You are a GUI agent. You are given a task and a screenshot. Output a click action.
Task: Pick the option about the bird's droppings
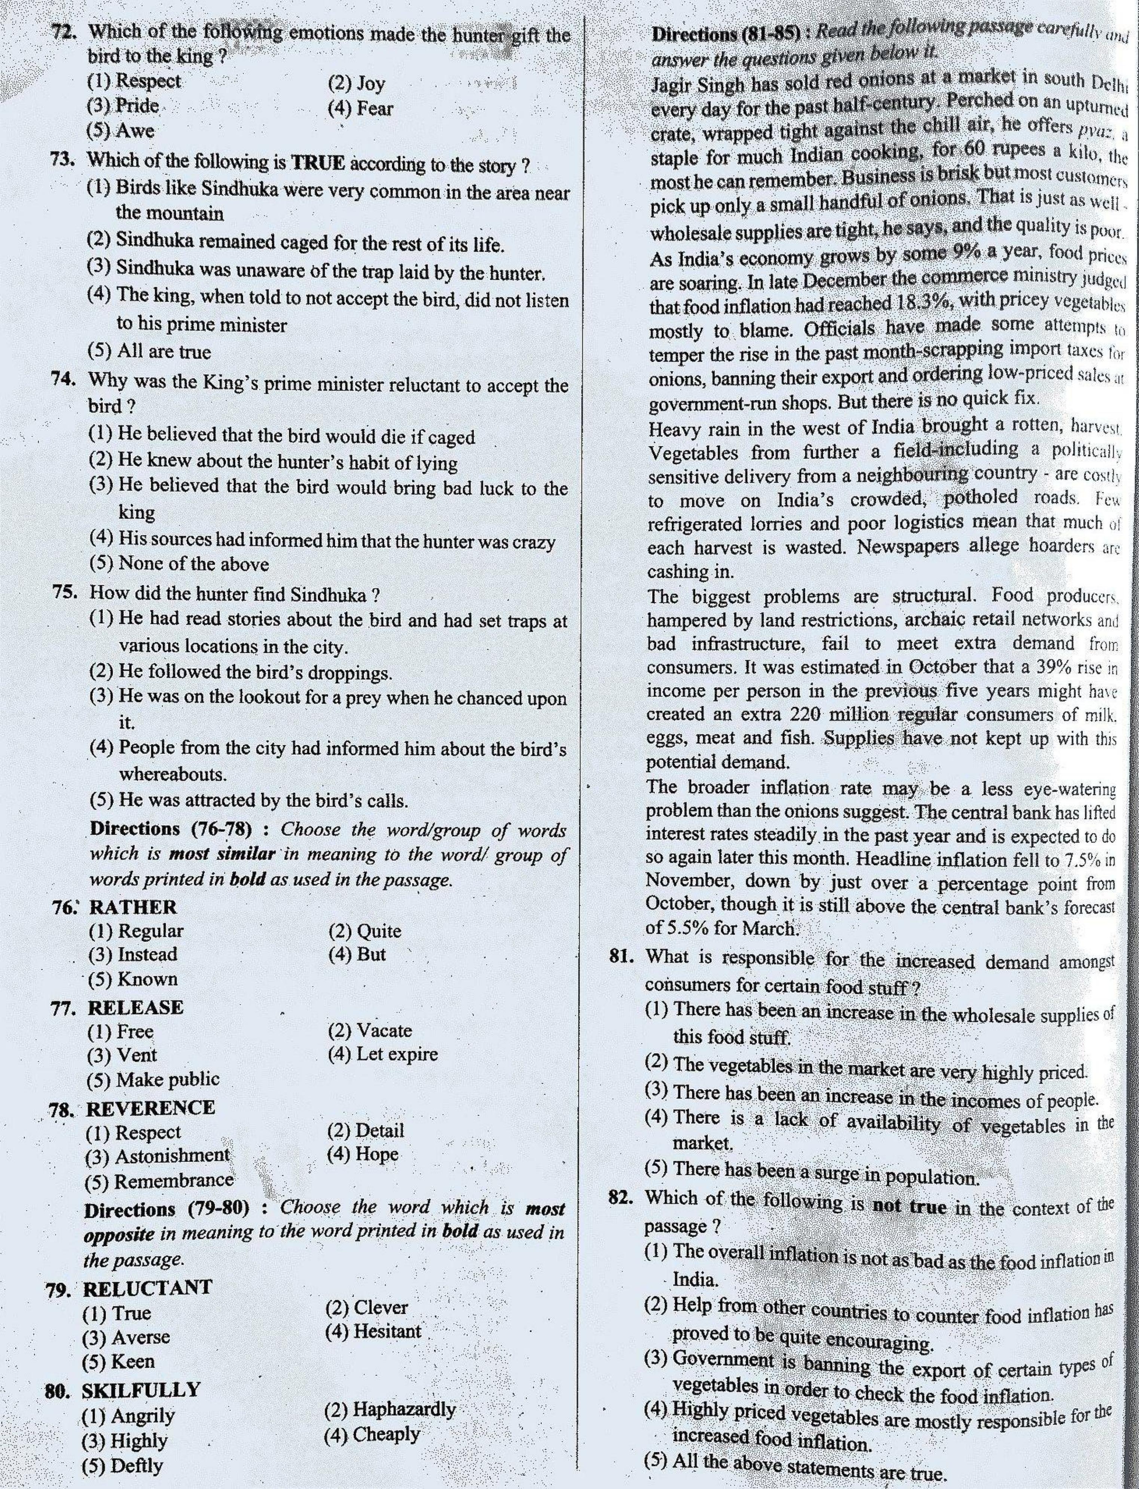tap(241, 673)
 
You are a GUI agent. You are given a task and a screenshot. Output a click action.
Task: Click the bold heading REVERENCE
tap(150, 1108)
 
